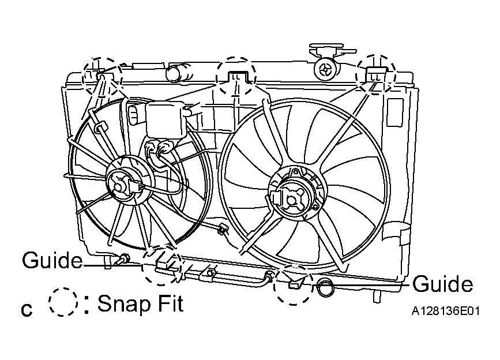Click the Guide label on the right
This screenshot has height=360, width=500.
pos(442,283)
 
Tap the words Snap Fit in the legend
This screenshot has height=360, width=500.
pos(140,303)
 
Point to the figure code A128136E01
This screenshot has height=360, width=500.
pos(445,311)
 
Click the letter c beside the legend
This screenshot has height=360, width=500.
pos(27,310)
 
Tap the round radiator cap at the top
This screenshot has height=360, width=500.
pos(326,69)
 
